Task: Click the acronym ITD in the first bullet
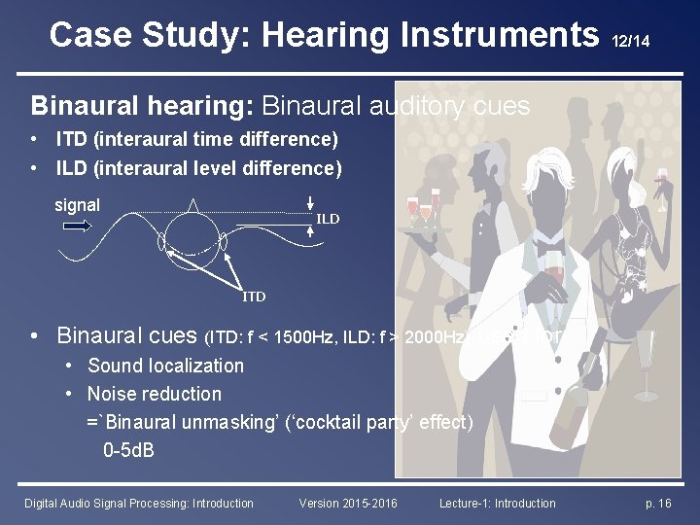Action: tap(72, 140)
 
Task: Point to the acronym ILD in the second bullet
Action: tap(72, 168)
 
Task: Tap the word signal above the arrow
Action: tap(77, 205)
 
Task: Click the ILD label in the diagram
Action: tap(328, 220)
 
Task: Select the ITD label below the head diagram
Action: tap(254, 296)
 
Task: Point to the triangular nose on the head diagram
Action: tap(193, 205)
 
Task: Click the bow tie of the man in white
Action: tap(551, 237)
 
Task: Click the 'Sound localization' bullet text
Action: tap(165, 366)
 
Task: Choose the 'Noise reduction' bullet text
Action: tap(154, 394)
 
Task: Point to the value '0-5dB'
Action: tap(128, 451)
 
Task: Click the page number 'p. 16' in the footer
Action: tap(658, 503)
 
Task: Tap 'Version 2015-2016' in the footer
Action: tap(349, 503)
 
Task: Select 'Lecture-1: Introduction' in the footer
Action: tap(497, 503)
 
